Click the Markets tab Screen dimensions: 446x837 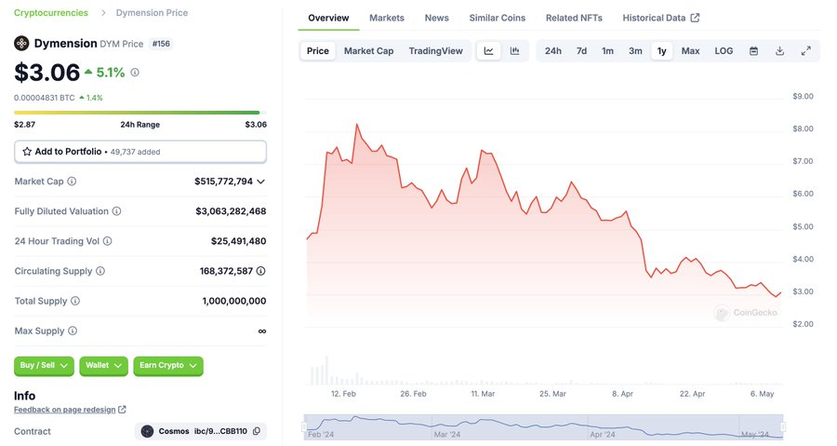point(386,18)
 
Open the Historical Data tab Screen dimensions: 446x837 point(660,18)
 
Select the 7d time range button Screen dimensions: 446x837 point(581,50)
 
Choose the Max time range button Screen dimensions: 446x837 point(690,50)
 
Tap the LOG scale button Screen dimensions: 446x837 point(724,50)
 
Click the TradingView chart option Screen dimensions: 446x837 point(435,50)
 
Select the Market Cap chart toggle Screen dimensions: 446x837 point(368,50)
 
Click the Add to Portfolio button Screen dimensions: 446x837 point(140,151)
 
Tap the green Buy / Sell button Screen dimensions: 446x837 point(45,366)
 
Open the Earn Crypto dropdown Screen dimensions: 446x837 point(168,366)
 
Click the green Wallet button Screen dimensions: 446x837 point(103,366)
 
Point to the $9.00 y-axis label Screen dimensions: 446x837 point(803,96)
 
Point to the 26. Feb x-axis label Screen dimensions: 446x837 point(413,394)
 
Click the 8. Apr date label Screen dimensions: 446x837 point(622,394)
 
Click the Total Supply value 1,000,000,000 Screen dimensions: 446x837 point(233,301)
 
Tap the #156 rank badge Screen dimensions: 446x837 point(161,44)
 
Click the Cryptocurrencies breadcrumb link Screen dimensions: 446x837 point(51,13)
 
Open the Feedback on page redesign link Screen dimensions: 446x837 point(65,410)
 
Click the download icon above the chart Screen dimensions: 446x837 point(779,50)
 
